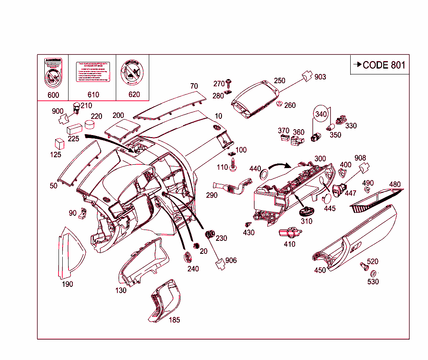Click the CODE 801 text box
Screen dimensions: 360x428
[x=380, y=65]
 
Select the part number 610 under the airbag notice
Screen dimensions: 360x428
[x=93, y=95]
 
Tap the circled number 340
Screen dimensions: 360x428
[x=321, y=114]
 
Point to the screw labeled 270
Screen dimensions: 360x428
[x=229, y=82]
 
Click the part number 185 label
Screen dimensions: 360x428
[x=174, y=320]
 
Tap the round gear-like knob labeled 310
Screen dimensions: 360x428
[x=306, y=210]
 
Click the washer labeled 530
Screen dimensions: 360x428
[x=373, y=273]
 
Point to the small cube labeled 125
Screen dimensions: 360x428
[x=59, y=143]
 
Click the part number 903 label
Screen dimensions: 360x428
[x=320, y=77]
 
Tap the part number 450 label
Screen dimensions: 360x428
[x=320, y=271]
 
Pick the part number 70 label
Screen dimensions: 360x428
[x=194, y=87]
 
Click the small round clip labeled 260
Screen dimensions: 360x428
[x=279, y=104]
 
